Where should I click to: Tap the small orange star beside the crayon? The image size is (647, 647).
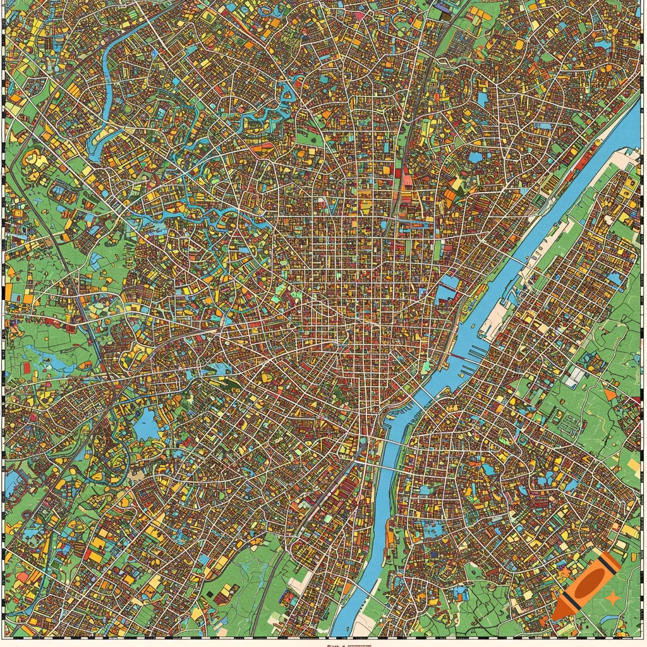(612, 596)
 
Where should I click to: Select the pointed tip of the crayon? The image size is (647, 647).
(557, 614)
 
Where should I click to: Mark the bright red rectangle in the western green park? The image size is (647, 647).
(26, 368)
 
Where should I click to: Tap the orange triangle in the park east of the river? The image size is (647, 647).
(609, 395)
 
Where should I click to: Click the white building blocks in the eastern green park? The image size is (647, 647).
(575, 377)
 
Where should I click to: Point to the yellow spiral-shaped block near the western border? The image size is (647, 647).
(33, 158)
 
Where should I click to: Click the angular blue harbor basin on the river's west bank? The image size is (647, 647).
(447, 288)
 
